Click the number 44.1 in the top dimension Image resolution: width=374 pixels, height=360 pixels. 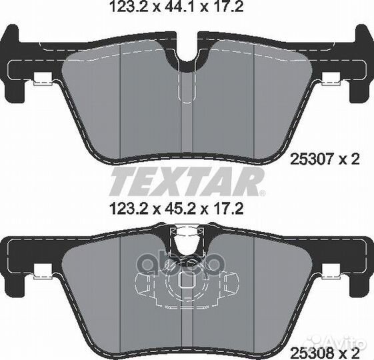177,7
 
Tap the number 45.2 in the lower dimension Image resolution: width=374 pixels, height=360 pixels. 177,209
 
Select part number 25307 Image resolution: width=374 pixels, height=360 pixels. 311,159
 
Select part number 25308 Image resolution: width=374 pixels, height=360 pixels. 311,353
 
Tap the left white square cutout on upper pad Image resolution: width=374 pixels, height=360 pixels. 43,79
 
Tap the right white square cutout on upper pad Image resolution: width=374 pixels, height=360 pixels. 331,79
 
